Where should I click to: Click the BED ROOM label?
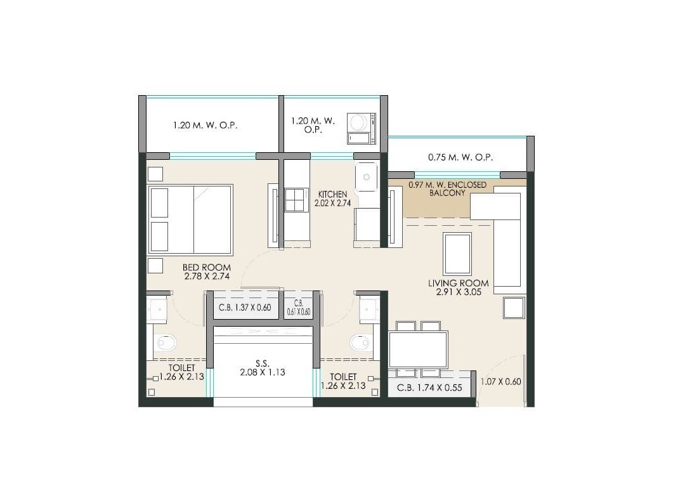pyautogui.click(x=206, y=272)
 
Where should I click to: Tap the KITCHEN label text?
pyautogui.click(x=333, y=199)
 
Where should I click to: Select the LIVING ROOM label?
pyautogui.click(x=462, y=288)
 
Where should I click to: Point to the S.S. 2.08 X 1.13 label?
pyautogui.click(x=262, y=368)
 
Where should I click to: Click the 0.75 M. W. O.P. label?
pyautogui.click(x=460, y=157)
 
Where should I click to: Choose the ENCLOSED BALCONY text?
pyautogui.click(x=448, y=188)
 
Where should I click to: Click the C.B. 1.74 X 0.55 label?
pyautogui.click(x=429, y=388)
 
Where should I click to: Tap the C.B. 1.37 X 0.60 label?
pyautogui.click(x=245, y=308)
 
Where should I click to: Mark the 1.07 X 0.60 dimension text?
pyautogui.click(x=500, y=382)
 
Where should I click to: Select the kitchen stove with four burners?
pyautogui.click(x=296, y=200)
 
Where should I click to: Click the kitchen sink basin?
pyautogui.click(x=367, y=176)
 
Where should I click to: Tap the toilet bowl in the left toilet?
pyautogui.click(x=166, y=343)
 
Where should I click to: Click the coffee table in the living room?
pyautogui.click(x=457, y=254)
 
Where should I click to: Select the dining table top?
pyautogui.click(x=418, y=349)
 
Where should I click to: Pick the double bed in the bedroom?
pyautogui.click(x=190, y=219)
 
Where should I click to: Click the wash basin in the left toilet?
pyautogui.click(x=157, y=310)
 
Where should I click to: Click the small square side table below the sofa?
pyautogui.click(x=514, y=308)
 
